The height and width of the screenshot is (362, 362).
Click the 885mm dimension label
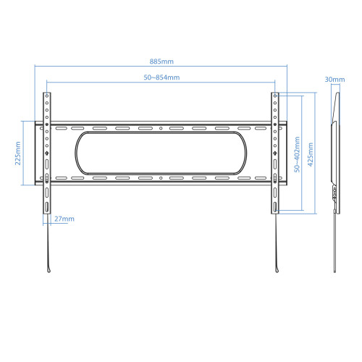pos(161,62)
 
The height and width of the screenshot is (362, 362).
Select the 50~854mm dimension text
pos(161,77)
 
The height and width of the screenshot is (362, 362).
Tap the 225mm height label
pos(18,153)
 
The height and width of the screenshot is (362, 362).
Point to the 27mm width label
pos(64,219)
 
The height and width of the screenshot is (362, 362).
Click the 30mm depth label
pos(334,80)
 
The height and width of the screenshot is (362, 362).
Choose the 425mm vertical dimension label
pos(311,154)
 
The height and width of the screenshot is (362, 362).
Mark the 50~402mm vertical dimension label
pos(297,154)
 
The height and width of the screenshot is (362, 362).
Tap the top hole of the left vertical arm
pos(47,96)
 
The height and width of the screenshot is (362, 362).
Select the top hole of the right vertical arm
pos(275,96)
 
